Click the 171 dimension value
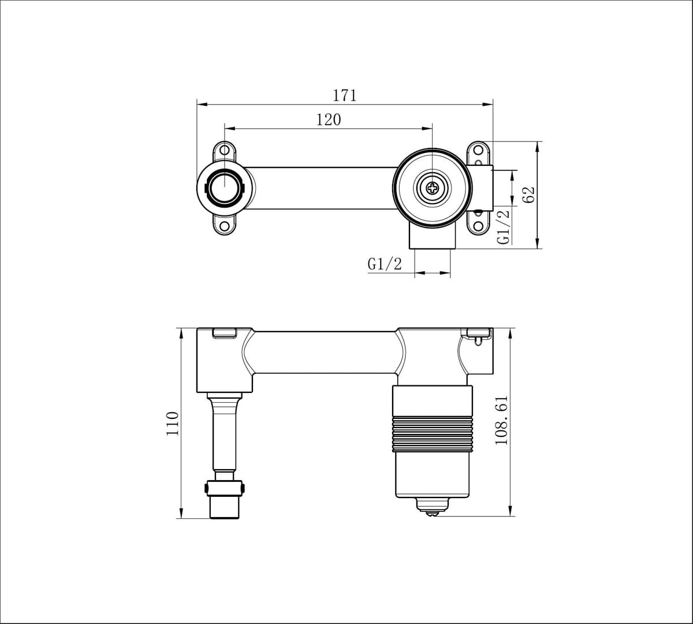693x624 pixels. pyautogui.click(x=345, y=95)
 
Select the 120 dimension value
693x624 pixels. pyautogui.click(x=329, y=120)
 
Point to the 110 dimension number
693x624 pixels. pyautogui.click(x=173, y=423)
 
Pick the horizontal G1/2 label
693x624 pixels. pyautogui.click(x=384, y=264)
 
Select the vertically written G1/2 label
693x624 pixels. pyautogui.click(x=504, y=226)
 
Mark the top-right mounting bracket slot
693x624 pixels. pyautogui.click(x=479, y=151)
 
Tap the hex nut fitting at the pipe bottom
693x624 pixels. pyautogui.click(x=225, y=488)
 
